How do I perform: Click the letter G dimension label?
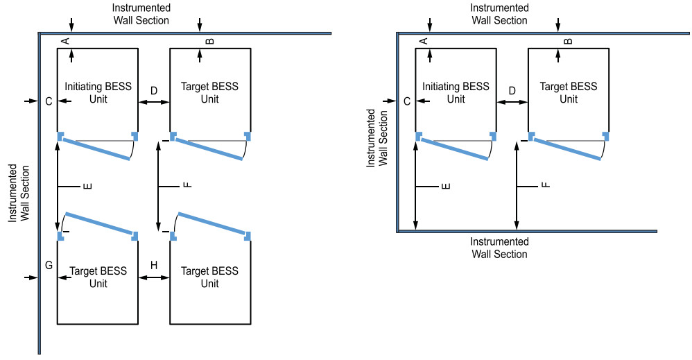point(49,266)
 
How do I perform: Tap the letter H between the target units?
point(154,266)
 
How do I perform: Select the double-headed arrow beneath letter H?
point(154,277)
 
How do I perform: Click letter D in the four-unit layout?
point(154,91)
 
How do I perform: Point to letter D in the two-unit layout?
point(512,91)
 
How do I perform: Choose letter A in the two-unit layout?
point(424,42)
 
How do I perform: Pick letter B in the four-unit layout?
point(210,42)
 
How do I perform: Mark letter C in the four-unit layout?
point(49,102)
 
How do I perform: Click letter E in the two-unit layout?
point(446,186)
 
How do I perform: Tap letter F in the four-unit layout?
point(187,186)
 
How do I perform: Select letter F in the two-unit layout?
point(545,186)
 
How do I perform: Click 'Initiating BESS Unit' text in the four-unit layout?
point(97,93)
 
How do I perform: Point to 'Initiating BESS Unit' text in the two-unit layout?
point(456,93)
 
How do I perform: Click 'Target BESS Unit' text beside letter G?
point(97,277)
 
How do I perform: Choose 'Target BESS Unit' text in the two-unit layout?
point(569,93)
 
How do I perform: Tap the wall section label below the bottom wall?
point(499,248)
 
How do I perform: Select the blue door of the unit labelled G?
point(98,223)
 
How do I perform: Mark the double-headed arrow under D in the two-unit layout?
point(512,102)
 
